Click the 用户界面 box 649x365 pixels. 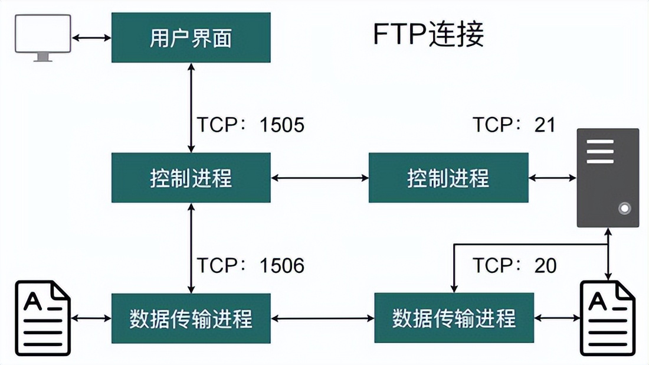point(191,38)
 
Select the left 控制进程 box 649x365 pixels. point(191,178)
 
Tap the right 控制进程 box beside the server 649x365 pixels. point(448,178)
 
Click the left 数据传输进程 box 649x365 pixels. point(191,318)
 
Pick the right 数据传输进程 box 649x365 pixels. point(454,318)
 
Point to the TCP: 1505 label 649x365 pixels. point(250,125)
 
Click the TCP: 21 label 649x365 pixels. point(514,125)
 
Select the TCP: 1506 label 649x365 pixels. point(250,266)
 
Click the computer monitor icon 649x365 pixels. point(43,37)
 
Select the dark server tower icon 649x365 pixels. point(608,177)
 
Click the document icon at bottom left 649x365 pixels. point(43,318)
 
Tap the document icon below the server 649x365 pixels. point(608,318)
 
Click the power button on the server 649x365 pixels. point(624,208)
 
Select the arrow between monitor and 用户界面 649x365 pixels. point(91,38)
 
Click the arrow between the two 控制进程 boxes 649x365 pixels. point(320,177)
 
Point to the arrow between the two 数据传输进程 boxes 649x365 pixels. point(323,318)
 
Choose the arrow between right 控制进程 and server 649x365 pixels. point(553,177)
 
